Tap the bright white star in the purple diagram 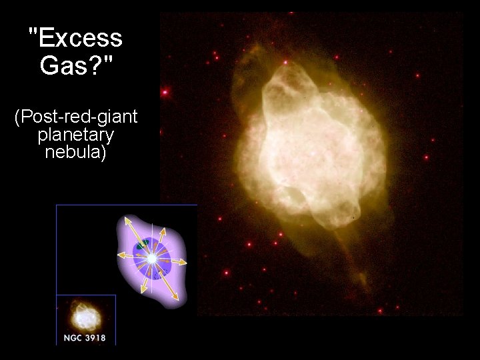[x=153, y=257]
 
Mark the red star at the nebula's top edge [x=285, y=62]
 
